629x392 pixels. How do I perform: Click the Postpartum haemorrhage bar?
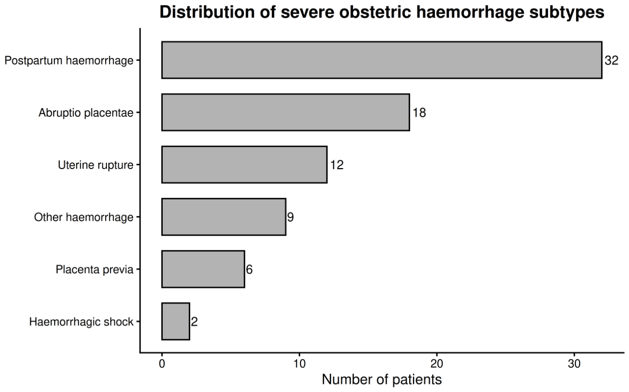(382, 60)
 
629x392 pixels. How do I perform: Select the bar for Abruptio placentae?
(285, 112)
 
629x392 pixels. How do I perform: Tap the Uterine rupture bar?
(244, 165)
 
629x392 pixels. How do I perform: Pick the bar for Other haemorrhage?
(224, 217)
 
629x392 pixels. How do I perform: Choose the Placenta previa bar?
(203, 269)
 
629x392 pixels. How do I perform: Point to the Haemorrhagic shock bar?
(175, 322)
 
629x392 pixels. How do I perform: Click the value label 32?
(611, 61)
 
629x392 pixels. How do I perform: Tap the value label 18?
(419, 112)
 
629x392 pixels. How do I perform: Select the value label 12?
(337, 165)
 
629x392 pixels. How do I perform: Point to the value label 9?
(290, 217)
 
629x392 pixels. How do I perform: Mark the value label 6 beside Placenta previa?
(249, 270)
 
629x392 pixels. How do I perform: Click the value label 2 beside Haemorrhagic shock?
(195, 322)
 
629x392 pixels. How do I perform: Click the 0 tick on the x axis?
(162, 364)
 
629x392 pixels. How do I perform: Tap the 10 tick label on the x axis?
(299, 364)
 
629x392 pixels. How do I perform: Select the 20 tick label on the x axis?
(436, 364)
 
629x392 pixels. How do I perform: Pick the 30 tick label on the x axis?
(574, 364)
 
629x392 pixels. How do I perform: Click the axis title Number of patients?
(382, 380)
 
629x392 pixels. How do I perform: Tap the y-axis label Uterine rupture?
(95, 165)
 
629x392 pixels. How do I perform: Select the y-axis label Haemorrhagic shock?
(82, 322)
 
